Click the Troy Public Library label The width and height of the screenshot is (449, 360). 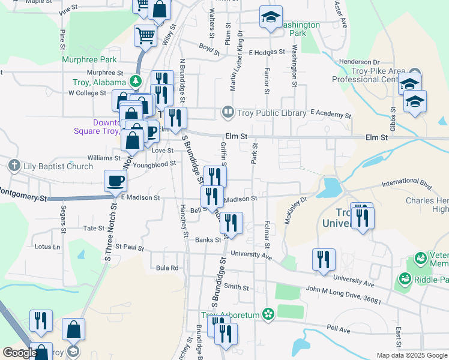click(x=264, y=112)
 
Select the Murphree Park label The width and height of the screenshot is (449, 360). click(x=89, y=60)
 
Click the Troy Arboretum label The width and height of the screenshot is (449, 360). click(x=229, y=315)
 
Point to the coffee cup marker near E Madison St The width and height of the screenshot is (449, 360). click(x=115, y=181)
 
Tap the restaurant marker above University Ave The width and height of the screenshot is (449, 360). click(x=324, y=260)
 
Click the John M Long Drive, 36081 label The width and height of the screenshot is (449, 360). click(x=343, y=295)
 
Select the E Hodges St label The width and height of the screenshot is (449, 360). click(x=267, y=52)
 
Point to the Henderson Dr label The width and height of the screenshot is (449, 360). click(x=359, y=62)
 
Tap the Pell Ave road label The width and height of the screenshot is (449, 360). click(x=338, y=329)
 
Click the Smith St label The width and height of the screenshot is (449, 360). click(x=237, y=287)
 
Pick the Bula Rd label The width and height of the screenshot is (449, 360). click(x=167, y=268)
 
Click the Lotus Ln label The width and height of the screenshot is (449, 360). click(x=48, y=247)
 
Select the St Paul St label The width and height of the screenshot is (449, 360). click(x=130, y=246)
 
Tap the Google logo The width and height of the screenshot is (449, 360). click(x=19, y=353)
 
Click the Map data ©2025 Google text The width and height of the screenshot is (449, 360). click(x=411, y=355)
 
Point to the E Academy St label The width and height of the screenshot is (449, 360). click(x=330, y=113)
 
